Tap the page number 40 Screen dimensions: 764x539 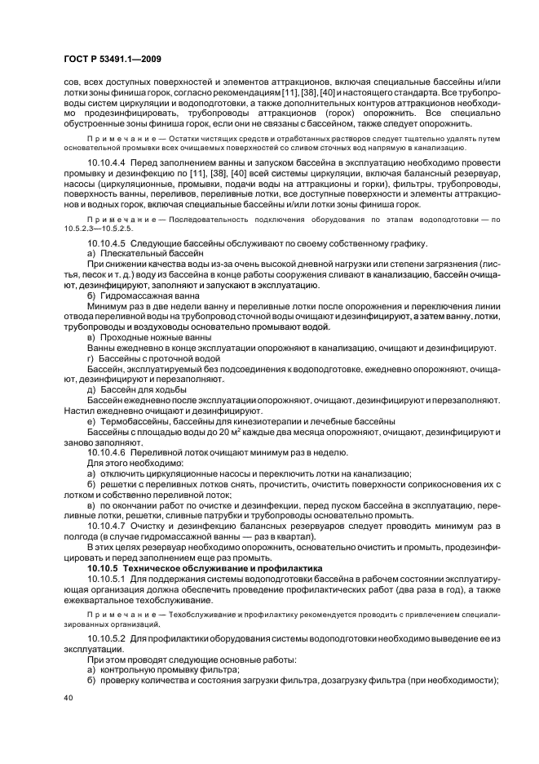[68, 699]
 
